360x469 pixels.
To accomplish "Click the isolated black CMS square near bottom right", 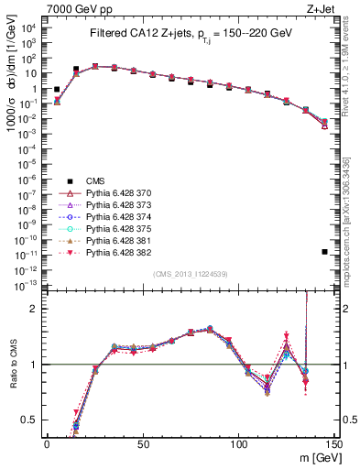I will coord(325,252).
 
